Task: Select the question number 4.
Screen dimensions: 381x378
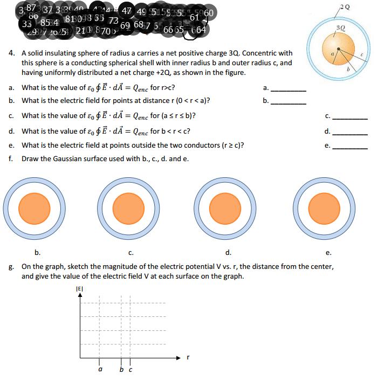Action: [x=11, y=54]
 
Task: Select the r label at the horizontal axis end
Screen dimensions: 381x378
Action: [x=187, y=357]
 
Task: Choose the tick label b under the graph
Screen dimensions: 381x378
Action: [x=122, y=370]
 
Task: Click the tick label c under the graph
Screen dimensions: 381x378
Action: [x=130, y=370]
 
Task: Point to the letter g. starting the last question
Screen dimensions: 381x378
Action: [x=11, y=267]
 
